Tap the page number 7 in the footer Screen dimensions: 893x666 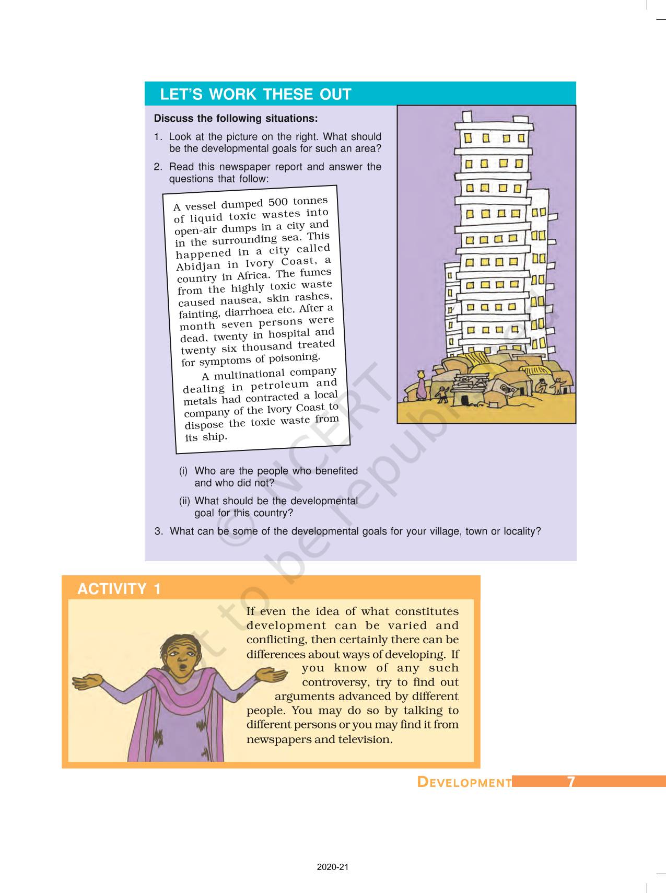click(x=571, y=782)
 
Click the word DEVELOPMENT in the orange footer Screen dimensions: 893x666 click(x=464, y=782)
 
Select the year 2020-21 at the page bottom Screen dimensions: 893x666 click(x=332, y=867)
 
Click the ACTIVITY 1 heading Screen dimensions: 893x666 click(x=119, y=589)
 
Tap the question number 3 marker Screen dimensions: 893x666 click(x=158, y=531)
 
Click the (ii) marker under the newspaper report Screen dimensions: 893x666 click(x=184, y=501)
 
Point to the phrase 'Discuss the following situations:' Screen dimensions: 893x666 click(x=236, y=119)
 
